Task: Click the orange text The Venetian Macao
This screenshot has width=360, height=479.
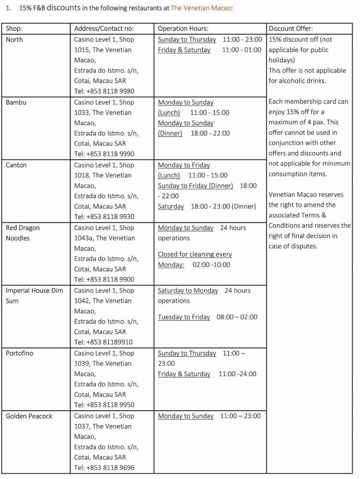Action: click(201, 8)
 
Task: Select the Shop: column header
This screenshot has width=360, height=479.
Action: click(14, 29)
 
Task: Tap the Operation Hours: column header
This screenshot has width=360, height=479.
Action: click(183, 29)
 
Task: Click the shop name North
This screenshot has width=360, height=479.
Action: click(14, 40)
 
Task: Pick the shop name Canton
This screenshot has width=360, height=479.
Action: click(16, 165)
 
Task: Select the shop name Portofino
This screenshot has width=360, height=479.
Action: click(20, 353)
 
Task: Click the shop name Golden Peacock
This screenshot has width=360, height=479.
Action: click(29, 416)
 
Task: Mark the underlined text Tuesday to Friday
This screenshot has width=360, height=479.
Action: click(184, 317)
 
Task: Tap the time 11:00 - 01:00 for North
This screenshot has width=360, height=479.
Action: click(242, 50)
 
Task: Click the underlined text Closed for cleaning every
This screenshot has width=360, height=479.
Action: click(195, 254)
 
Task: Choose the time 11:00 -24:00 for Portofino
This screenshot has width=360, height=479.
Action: click(238, 374)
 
